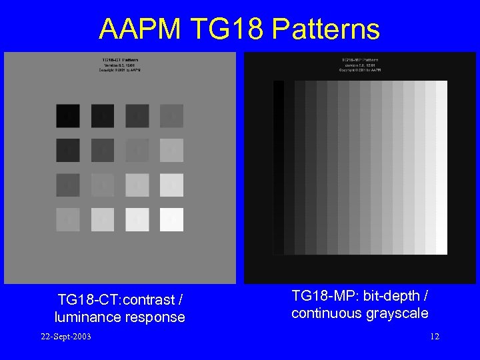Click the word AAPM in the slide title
click(x=139, y=29)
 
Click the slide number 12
click(x=435, y=336)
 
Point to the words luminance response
click(x=120, y=317)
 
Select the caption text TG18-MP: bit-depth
click(x=360, y=295)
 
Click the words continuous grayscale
click(x=360, y=313)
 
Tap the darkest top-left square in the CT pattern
click(x=68, y=116)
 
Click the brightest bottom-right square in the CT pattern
click(x=171, y=219)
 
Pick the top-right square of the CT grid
click(x=171, y=116)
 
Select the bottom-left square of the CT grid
click(x=68, y=219)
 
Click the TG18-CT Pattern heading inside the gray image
click(x=120, y=59)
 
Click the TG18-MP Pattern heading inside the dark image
click(x=360, y=59)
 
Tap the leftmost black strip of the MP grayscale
click(x=278, y=167)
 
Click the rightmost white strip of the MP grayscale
click(x=441, y=167)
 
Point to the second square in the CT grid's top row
click(x=103, y=116)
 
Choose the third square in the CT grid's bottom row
click(x=137, y=219)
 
